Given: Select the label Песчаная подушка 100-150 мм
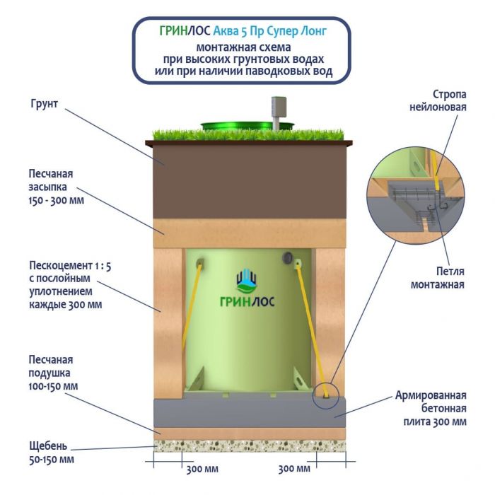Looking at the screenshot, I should point(53,373).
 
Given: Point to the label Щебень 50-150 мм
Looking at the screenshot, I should point(49,453).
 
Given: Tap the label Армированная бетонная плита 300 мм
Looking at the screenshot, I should point(431,409).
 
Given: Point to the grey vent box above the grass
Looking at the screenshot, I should point(274,111).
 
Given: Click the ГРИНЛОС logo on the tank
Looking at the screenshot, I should point(248,290).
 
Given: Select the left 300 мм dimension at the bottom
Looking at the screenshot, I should point(201,469).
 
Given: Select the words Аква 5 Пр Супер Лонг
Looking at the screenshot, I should point(281,32).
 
